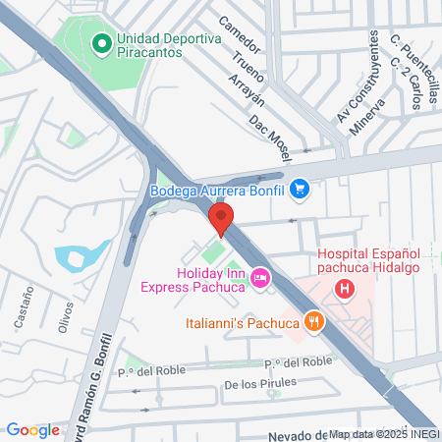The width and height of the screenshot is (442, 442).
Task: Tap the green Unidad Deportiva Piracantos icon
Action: (100, 44)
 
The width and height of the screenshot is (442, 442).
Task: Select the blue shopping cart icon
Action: (300, 190)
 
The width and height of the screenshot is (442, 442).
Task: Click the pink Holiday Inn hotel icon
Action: (260, 279)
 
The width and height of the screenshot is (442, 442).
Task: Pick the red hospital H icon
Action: (345, 289)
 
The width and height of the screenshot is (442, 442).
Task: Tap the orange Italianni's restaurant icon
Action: (314, 321)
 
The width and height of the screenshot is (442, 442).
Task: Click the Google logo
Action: (32, 429)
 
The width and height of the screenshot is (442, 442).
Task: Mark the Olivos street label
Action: (66, 318)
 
